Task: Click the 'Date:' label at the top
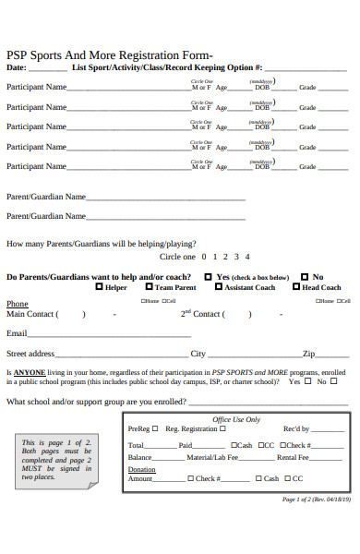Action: pos(17,67)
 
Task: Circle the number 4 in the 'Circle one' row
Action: pos(247,257)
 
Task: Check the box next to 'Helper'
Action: pos(100,287)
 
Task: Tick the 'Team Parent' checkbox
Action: pos(149,287)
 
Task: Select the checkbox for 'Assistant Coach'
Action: pos(218,287)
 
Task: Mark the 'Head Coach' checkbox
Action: pos(296,287)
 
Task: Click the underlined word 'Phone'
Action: pos(18,304)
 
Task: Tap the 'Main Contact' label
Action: pos(30,314)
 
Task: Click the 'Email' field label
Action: pos(17,333)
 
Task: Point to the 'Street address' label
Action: pos(30,354)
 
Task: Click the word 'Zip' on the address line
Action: pos(309,354)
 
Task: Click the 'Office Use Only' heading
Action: pos(236,419)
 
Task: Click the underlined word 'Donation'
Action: pos(141,469)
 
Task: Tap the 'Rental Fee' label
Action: pos(293,457)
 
